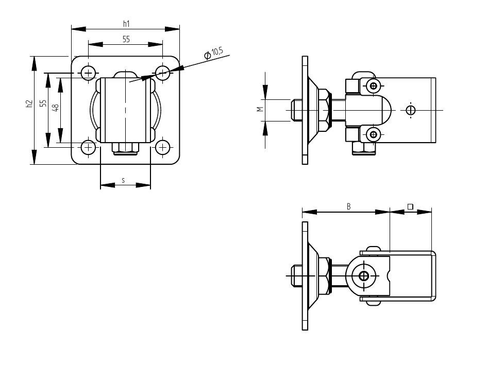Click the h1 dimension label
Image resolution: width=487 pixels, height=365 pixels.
pyautogui.click(x=126, y=23)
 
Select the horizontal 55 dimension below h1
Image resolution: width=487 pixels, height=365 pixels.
pyautogui.click(x=126, y=39)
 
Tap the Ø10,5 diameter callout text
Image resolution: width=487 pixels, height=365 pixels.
pyautogui.click(x=213, y=53)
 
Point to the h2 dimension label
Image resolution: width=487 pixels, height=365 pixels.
pyautogui.click(x=29, y=105)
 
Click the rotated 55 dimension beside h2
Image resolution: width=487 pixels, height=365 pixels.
pyautogui.click(x=44, y=103)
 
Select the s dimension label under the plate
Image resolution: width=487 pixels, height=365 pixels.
pyautogui.click(x=124, y=180)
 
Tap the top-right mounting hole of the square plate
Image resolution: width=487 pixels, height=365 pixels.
pyautogui.click(x=163, y=73)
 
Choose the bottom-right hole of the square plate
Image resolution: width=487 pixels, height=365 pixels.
pyautogui.click(x=163, y=148)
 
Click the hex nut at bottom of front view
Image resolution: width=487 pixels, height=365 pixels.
pyautogui.click(x=126, y=148)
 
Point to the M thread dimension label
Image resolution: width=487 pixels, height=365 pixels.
pyautogui.click(x=260, y=109)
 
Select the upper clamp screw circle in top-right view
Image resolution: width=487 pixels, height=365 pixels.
pyautogui.click(x=373, y=85)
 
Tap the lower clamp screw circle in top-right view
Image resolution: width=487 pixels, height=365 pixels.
pyautogui.click(x=373, y=135)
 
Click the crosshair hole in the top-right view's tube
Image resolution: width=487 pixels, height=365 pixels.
pyautogui.click(x=411, y=110)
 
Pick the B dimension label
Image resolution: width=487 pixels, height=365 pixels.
pyautogui.click(x=349, y=206)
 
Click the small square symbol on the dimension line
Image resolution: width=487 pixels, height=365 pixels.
pyautogui.click(x=410, y=206)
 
